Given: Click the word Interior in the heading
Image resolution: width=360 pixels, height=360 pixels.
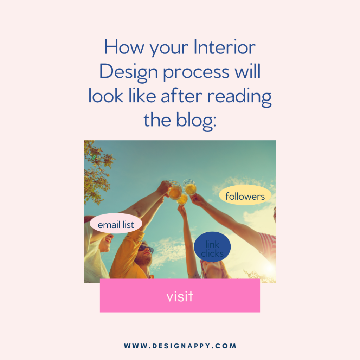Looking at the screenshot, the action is [x=225, y=47].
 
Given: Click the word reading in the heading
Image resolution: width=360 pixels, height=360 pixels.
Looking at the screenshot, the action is [x=239, y=97].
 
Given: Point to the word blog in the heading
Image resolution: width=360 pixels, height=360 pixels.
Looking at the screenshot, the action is [x=196, y=121].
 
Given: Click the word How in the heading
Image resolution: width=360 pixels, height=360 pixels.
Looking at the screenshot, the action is [x=124, y=47].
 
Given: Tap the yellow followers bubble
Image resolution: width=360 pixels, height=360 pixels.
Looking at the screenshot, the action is [x=245, y=195].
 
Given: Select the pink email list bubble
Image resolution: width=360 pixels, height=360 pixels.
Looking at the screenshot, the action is [x=116, y=223].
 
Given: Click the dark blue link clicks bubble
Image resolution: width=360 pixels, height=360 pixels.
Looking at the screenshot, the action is [x=212, y=247].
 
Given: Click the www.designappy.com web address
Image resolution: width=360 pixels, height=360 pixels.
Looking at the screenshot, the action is [x=180, y=346].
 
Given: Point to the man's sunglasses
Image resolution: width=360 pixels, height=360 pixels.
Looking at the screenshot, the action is [x=146, y=249].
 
